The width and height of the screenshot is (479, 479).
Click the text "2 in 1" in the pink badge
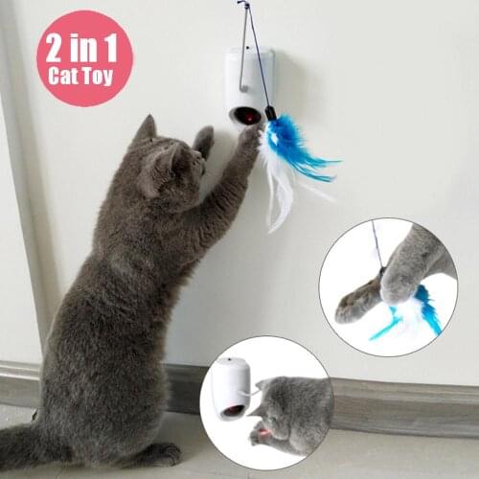click(x=83, y=46)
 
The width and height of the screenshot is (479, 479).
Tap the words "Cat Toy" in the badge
click(x=83, y=78)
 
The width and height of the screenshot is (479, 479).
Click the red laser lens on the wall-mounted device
click(x=248, y=116)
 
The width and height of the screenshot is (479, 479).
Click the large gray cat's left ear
click(x=146, y=129)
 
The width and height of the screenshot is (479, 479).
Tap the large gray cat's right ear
click(x=203, y=141)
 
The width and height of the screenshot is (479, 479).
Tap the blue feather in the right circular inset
click(x=422, y=312)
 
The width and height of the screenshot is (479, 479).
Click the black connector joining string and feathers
click(x=271, y=114)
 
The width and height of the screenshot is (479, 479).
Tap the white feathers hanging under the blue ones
click(x=280, y=192)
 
